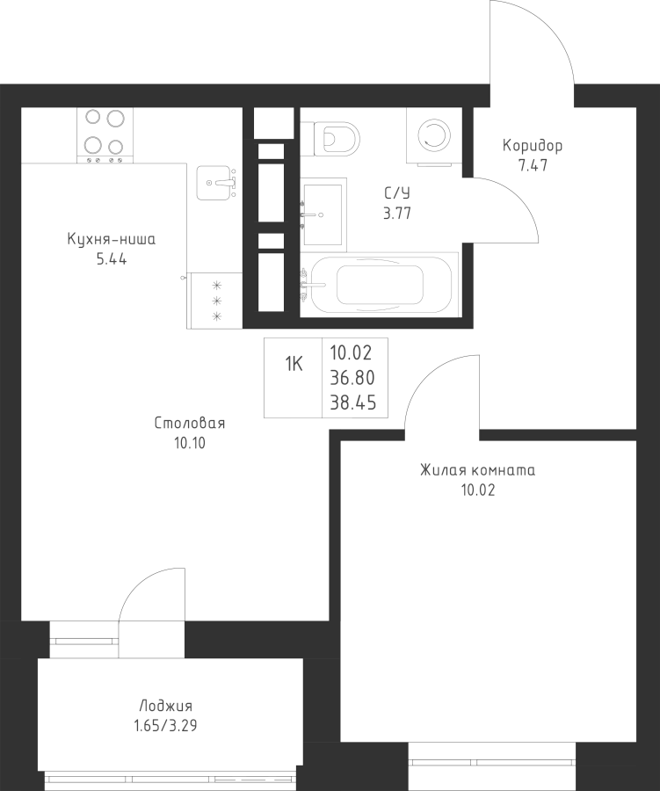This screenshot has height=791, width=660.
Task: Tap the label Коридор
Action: point(533,146)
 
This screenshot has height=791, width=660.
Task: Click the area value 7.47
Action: point(533,164)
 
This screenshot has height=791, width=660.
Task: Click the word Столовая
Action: point(190,424)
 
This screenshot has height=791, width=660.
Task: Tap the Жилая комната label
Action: point(477,470)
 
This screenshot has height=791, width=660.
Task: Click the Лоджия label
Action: point(165,706)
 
